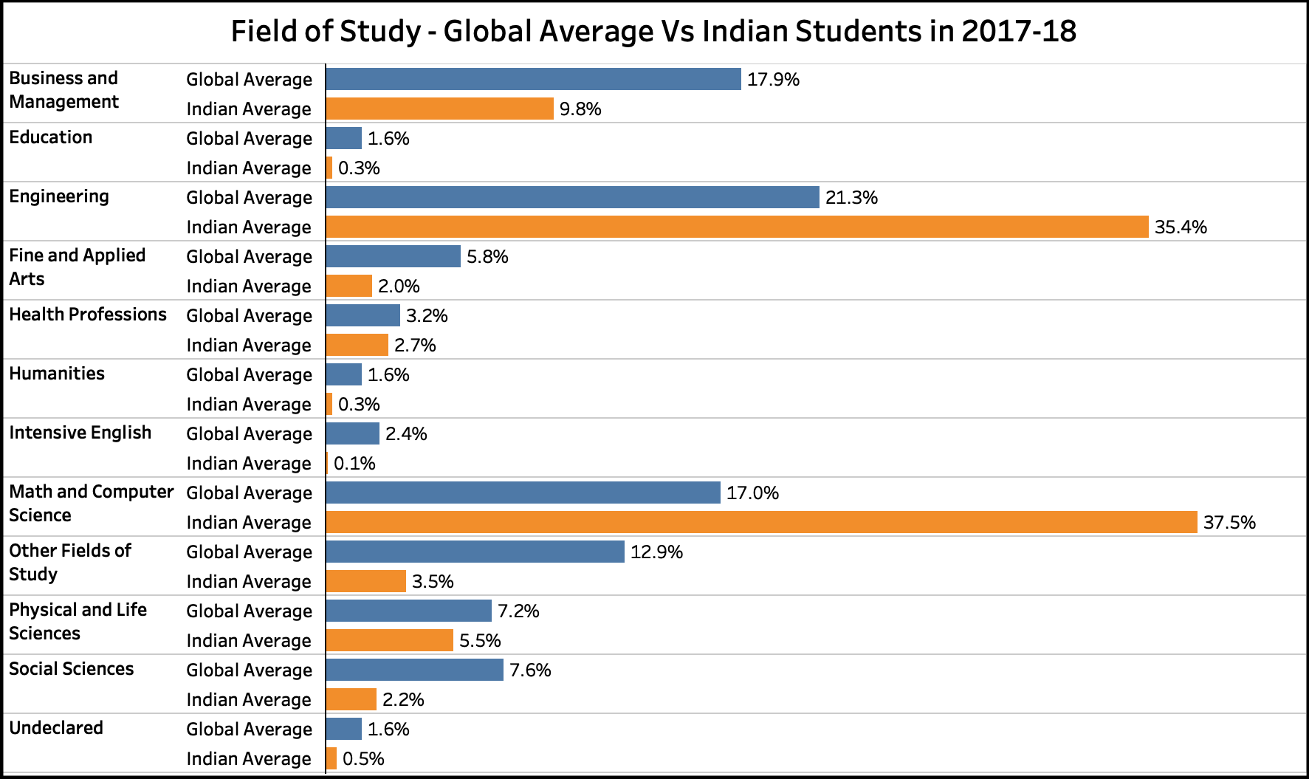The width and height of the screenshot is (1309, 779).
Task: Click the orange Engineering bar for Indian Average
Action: point(737,227)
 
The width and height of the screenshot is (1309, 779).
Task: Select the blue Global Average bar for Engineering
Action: point(572,197)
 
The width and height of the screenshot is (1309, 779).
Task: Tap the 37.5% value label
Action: point(1229,523)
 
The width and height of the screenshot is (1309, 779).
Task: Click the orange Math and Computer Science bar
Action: point(761,522)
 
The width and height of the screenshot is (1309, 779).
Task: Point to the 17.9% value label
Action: point(773,80)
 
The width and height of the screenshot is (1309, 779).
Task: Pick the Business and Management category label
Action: point(63,90)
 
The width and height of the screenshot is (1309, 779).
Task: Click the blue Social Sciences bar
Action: point(414,670)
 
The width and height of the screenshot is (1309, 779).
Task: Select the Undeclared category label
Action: point(56,728)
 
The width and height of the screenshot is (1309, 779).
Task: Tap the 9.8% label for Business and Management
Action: point(580,109)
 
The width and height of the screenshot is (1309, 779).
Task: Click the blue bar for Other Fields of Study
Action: point(475,552)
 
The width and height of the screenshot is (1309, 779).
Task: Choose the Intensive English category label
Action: point(80,433)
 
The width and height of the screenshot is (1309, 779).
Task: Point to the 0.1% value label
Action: point(354,464)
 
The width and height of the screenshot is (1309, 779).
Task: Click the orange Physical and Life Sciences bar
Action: point(389,640)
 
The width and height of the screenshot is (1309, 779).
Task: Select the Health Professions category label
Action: point(88,315)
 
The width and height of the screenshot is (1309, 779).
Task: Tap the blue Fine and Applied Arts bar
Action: point(393,256)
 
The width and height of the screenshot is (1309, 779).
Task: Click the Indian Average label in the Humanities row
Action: point(249,405)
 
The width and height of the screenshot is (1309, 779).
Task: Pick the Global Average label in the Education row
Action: point(249,139)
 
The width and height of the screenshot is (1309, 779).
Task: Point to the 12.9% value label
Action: point(656,552)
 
